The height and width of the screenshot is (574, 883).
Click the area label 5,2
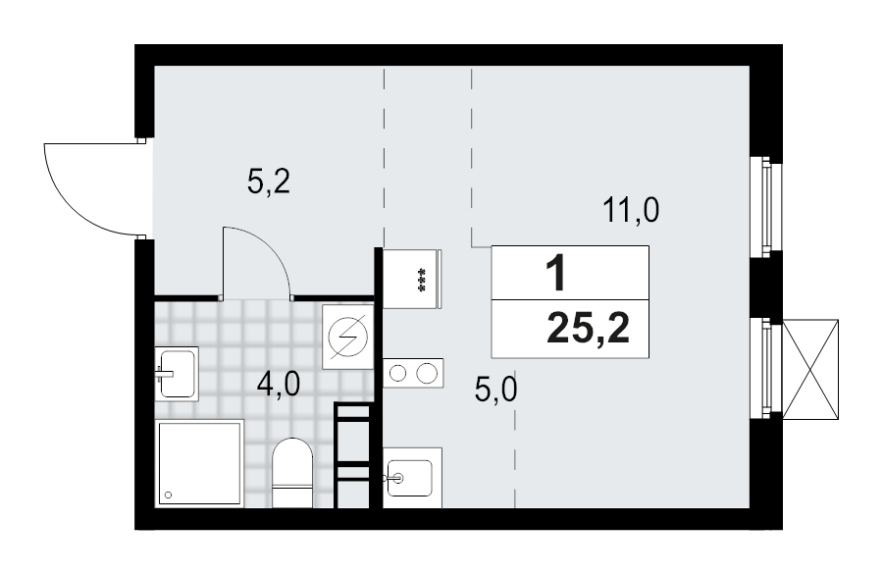[x=267, y=183]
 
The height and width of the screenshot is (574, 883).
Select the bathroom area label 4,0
[x=279, y=384]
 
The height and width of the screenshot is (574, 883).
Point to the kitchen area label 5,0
[x=495, y=391]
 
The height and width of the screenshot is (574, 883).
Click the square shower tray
[x=199, y=463]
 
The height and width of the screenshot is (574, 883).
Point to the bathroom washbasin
[x=177, y=372]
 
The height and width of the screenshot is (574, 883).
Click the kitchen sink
[x=411, y=478]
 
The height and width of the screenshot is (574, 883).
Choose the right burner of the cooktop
[x=427, y=373]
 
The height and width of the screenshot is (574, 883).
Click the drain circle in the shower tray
[x=169, y=496]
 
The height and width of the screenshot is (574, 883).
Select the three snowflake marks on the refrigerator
[x=423, y=278]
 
